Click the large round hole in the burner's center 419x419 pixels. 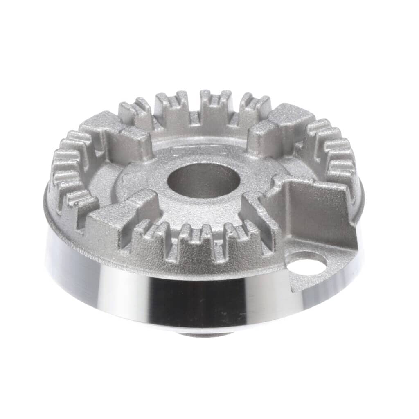click(x=203, y=180)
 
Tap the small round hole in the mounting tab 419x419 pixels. click(x=306, y=265)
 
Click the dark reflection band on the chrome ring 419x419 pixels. click(x=196, y=299)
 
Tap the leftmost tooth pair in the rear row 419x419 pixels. click(x=135, y=110)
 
